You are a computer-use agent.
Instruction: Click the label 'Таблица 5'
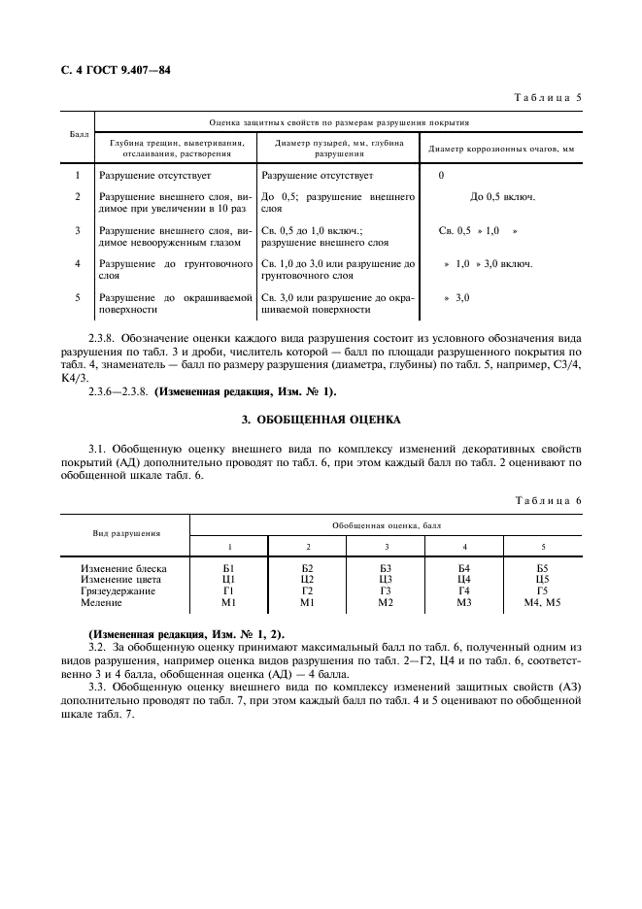tap(551, 98)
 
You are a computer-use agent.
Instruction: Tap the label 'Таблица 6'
tap(551, 500)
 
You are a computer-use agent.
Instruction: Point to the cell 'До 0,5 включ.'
tap(502, 197)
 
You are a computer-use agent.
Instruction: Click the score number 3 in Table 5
tap(77, 230)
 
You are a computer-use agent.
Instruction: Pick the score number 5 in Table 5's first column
tap(77, 296)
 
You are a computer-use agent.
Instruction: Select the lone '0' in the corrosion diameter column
tap(441, 176)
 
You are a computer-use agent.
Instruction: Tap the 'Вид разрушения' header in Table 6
tap(126, 533)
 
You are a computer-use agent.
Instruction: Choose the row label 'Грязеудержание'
tap(118, 590)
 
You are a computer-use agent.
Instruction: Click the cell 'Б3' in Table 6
tap(386, 567)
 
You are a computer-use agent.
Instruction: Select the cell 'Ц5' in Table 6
tap(543, 579)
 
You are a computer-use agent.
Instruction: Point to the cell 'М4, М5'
tap(543, 602)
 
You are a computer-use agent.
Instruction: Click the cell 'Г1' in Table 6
tap(229, 590)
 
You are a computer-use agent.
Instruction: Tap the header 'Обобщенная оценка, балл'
tap(386, 524)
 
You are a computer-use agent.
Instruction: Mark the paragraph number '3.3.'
tap(100, 690)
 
